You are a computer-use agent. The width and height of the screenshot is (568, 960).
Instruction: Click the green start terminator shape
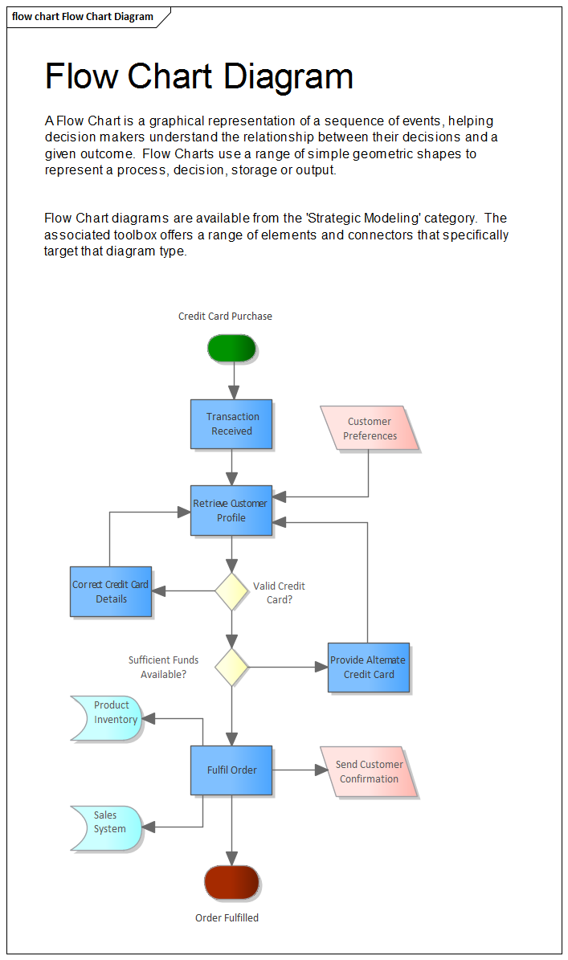coord(231,348)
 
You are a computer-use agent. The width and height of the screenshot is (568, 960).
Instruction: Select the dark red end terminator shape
coord(231,881)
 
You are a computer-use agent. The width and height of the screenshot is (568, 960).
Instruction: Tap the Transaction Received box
coord(231,423)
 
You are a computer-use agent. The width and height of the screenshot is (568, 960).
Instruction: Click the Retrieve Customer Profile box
coord(231,510)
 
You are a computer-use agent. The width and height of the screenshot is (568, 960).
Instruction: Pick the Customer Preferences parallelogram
coord(370,428)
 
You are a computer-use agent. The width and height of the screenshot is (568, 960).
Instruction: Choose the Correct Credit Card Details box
coord(111,591)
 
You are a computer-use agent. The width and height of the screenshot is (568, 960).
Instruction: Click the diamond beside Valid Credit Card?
coord(231,591)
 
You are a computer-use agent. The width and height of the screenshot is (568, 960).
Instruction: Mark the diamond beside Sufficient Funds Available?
coord(231,667)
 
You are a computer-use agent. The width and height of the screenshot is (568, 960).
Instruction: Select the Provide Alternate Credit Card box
coord(369,667)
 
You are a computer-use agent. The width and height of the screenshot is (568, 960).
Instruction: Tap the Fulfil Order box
coord(231,770)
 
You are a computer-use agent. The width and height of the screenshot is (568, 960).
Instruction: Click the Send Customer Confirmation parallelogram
coord(369,771)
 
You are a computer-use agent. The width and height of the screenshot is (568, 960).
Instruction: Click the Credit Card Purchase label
coord(225,317)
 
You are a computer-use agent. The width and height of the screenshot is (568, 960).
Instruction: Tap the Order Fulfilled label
coord(227,917)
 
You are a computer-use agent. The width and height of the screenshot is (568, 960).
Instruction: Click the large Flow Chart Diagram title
coord(199,76)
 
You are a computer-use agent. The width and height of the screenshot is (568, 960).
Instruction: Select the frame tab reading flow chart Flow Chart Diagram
coord(83,17)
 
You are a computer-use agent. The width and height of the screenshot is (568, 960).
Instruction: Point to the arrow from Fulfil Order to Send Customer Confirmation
coord(299,770)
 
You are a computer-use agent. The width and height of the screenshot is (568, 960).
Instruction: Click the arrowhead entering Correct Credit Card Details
coord(159,591)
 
